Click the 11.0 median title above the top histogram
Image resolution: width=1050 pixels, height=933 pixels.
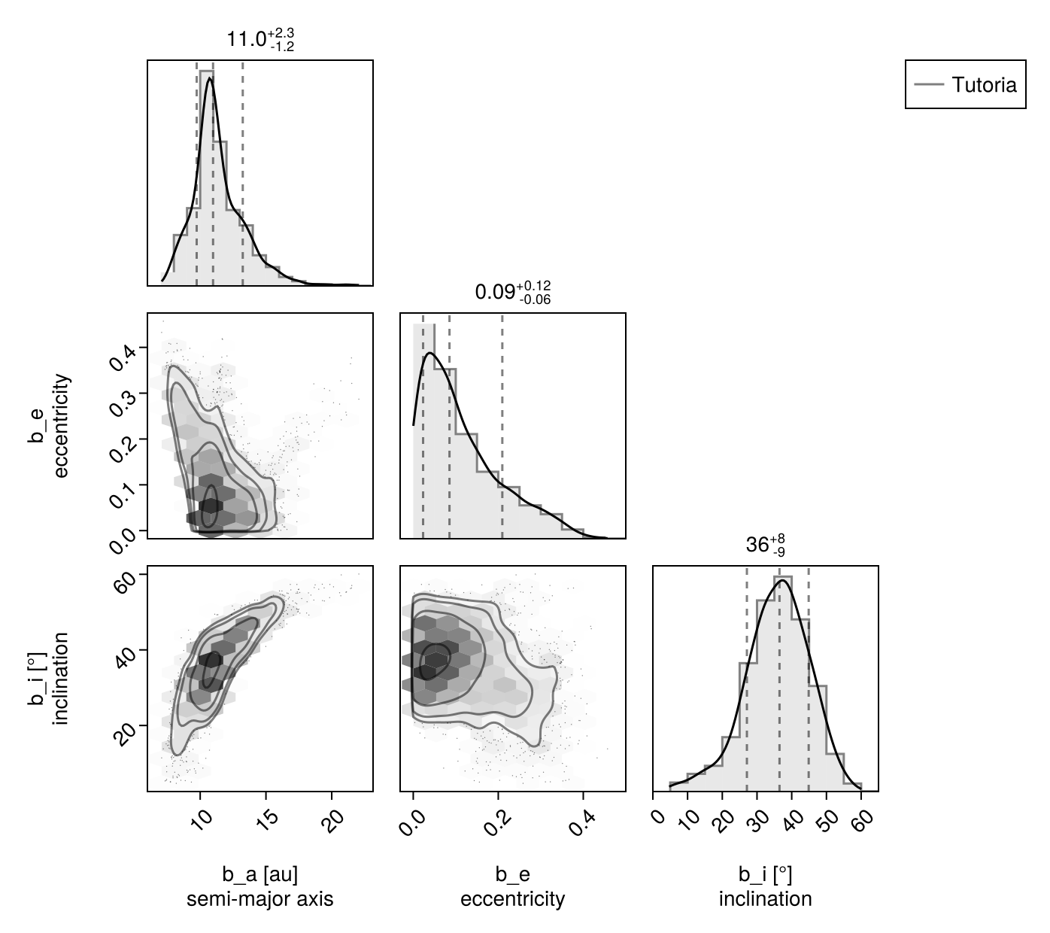(x=260, y=39)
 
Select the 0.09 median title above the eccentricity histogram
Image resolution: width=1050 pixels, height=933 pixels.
(x=513, y=292)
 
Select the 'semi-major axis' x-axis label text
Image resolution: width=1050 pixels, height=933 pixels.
(x=260, y=899)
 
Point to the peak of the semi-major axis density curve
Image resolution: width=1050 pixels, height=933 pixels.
(x=209, y=78)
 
